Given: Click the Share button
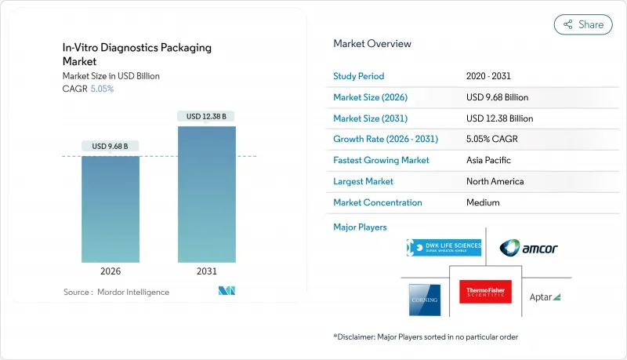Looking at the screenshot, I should (583, 24).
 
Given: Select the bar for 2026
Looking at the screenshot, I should (111, 209).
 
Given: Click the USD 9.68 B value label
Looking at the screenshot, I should (111, 146).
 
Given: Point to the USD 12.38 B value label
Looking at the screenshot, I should (206, 116).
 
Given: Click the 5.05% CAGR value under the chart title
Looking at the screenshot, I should (103, 89).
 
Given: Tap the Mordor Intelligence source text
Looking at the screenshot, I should (116, 293).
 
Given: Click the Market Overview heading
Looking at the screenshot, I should (372, 44).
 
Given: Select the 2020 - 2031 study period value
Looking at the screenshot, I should (490, 77).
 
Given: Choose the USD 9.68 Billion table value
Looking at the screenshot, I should (497, 97).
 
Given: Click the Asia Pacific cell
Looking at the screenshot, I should (487, 160).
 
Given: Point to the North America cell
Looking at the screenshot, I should (495, 181).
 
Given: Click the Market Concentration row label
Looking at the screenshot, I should (378, 202).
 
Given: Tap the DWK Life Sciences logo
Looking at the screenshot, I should (444, 249).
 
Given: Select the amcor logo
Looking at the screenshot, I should (529, 249).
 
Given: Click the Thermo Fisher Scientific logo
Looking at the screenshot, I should (484, 292).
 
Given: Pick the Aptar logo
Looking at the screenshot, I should (545, 296).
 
